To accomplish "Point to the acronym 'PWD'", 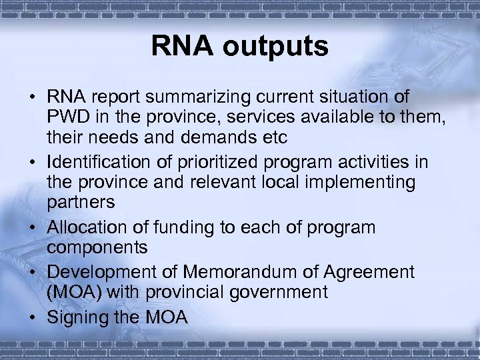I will click(x=68, y=118).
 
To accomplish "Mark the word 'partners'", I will click(x=81, y=203).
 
